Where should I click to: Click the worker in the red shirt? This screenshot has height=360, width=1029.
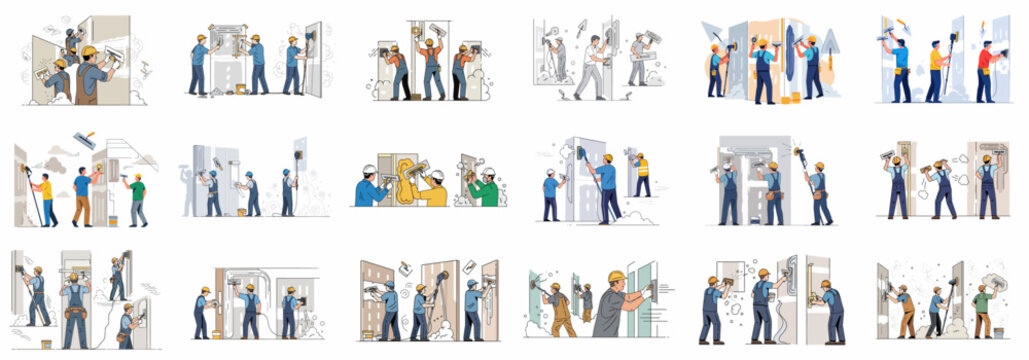click(x=985, y=72)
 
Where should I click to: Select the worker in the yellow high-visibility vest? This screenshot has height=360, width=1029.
click(x=641, y=175)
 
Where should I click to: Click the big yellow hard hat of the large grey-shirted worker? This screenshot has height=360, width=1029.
click(x=616, y=277)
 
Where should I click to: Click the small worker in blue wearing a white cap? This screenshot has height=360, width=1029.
click(x=550, y=195)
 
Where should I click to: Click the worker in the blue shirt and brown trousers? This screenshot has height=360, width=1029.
click(x=83, y=196)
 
